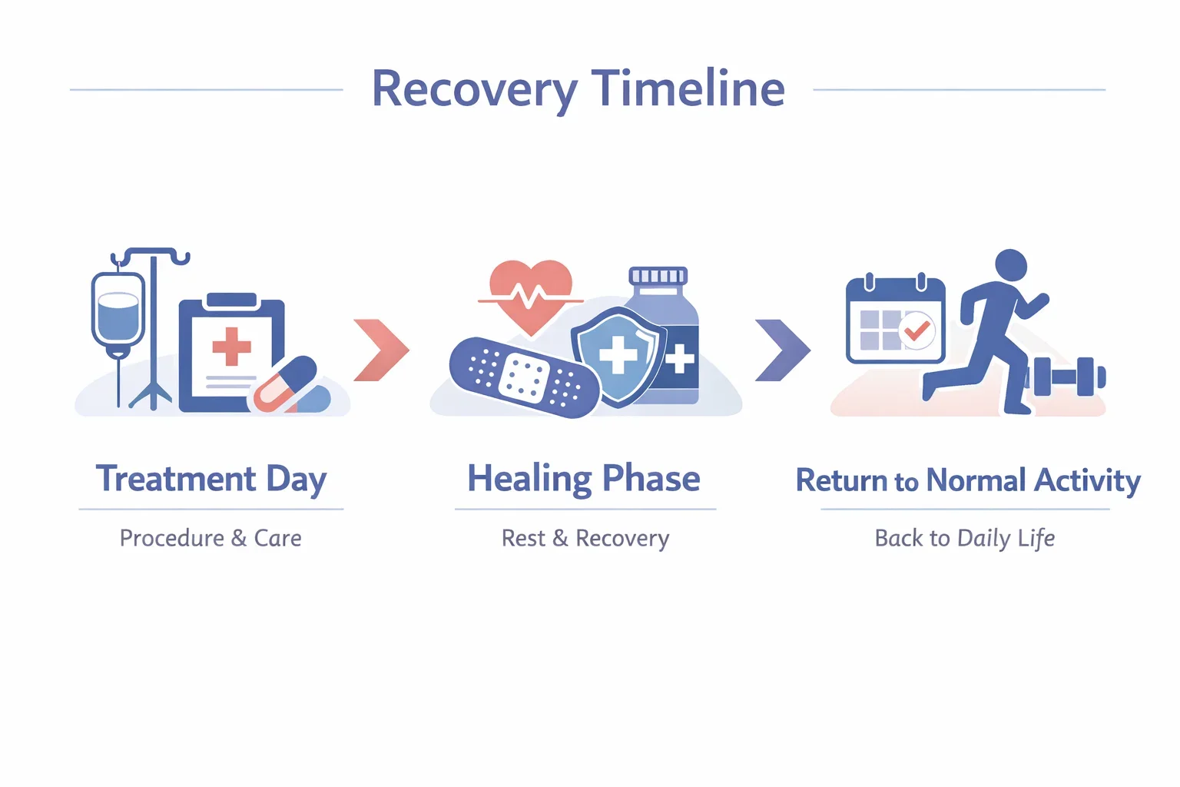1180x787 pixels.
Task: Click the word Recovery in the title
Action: click(474, 90)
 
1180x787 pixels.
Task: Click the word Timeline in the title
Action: click(688, 88)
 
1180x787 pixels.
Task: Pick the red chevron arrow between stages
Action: click(381, 350)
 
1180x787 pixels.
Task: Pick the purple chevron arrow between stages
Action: click(782, 350)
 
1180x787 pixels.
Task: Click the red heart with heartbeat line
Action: click(531, 294)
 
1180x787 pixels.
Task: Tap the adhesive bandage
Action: click(524, 377)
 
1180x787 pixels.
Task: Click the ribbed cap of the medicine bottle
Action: click(658, 276)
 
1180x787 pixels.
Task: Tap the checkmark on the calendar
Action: click(916, 330)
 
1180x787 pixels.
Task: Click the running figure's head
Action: click(1010, 266)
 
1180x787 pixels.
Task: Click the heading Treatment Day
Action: click(211, 480)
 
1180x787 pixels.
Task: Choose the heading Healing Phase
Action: click(584, 479)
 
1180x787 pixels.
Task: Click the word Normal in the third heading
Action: click(976, 480)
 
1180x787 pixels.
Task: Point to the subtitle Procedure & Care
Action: click(210, 538)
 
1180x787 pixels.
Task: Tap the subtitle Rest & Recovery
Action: click(585, 538)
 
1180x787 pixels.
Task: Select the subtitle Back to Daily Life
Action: click(964, 538)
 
